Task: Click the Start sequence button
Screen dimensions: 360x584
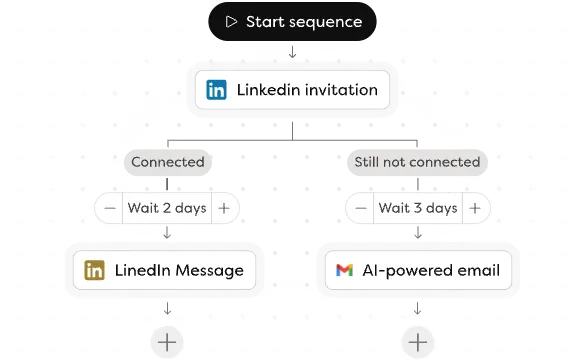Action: (292, 22)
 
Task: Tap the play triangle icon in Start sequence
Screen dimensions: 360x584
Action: (231, 22)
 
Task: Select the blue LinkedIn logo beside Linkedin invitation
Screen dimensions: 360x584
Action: (216, 90)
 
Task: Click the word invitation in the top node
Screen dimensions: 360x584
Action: (343, 90)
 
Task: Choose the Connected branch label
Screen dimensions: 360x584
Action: (167, 161)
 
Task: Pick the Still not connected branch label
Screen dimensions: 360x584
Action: (416, 161)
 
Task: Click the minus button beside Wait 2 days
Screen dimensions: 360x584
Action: (109, 208)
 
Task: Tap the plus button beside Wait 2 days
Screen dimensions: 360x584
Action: (224, 208)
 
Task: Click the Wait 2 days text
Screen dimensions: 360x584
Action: (166, 208)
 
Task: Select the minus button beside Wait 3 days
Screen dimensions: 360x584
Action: (359, 208)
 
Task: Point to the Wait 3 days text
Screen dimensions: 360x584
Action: (417, 208)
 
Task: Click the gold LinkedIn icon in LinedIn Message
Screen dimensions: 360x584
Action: (95, 270)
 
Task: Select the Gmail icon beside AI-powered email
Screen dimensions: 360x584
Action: (344, 270)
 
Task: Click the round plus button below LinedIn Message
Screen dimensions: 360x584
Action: (167, 342)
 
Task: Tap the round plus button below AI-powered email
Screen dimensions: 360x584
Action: (417, 342)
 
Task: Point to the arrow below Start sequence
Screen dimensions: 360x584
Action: (292, 52)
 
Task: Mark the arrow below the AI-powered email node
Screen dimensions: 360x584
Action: (417, 308)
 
